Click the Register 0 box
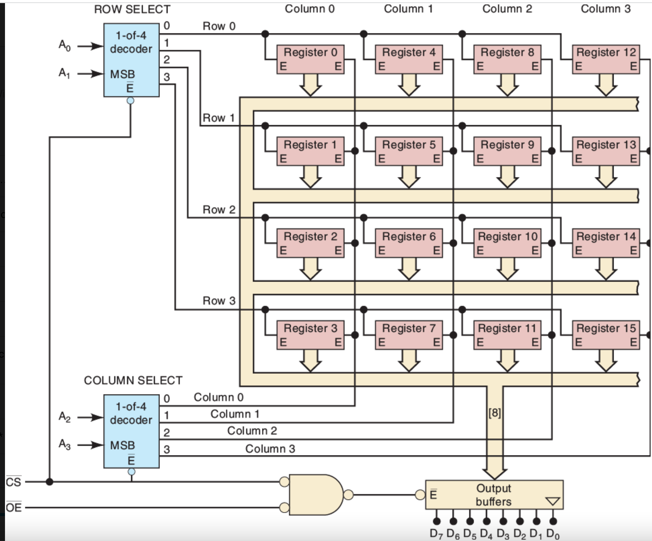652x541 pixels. (310, 59)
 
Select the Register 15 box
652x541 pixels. (606, 335)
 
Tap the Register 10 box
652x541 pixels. (507, 243)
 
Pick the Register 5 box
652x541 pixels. (409, 151)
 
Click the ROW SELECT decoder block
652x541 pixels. (131, 60)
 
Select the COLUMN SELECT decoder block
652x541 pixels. (131, 431)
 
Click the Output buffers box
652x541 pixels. (494, 495)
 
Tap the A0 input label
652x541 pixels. (64, 45)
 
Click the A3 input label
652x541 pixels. (64, 444)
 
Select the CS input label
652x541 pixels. (13, 482)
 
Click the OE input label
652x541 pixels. (13, 508)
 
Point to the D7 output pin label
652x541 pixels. (436, 534)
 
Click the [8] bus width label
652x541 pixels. (495, 413)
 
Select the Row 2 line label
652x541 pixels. (219, 209)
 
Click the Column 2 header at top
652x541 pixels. (507, 9)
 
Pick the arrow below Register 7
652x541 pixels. (409, 361)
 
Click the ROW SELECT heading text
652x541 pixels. (132, 9)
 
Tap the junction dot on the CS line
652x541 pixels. (49, 482)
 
